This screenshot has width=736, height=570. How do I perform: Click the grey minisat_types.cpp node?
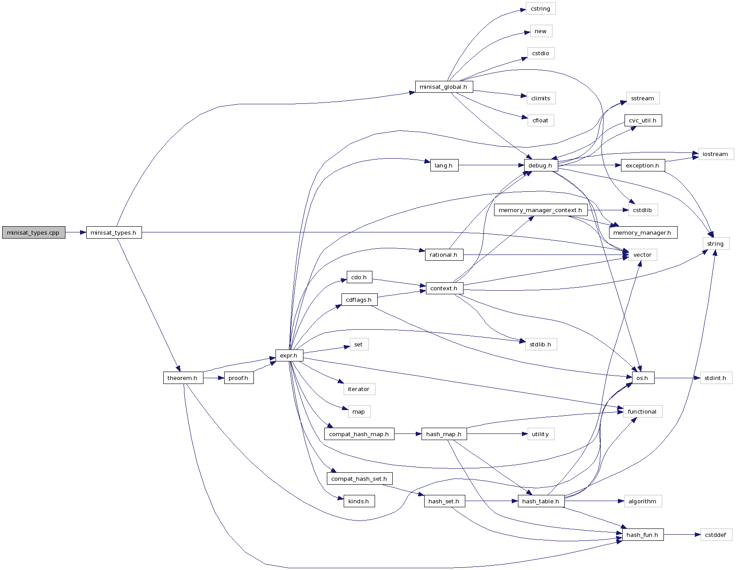click(x=34, y=232)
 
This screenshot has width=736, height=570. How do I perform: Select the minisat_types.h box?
click(x=114, y=232)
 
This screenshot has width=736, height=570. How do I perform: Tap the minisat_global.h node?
click(x=444, y=87)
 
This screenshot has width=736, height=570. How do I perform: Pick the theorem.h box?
click(x=183, y=378)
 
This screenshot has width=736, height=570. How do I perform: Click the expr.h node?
click(x=289, y=355)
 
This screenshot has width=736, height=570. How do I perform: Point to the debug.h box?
click(x=540, y=165)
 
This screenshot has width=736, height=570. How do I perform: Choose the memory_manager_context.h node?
click(x=540, y=210)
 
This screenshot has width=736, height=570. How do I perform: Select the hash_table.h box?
click(x=540, y=501)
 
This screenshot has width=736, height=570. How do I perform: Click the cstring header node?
click(x=540, y=8)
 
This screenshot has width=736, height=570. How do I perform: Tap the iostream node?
click(x=715, y=154)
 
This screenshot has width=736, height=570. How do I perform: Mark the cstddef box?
click(x=716, y=535)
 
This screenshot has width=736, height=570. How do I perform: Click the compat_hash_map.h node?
click(x=359, y=434)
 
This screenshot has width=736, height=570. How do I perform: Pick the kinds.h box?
click(x=359, y=501)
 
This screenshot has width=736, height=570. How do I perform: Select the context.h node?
click(x=444, y=288)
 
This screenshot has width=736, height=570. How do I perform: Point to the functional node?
click(x=642, y=411)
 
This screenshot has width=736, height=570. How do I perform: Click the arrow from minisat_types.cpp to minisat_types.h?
click(x=76, y=232)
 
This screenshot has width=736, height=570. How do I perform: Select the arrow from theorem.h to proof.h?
click(x=214, y=378)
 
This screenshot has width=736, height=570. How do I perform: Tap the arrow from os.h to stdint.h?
click(x=677, y=378)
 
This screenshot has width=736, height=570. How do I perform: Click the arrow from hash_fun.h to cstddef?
click(x=682, y=535)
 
